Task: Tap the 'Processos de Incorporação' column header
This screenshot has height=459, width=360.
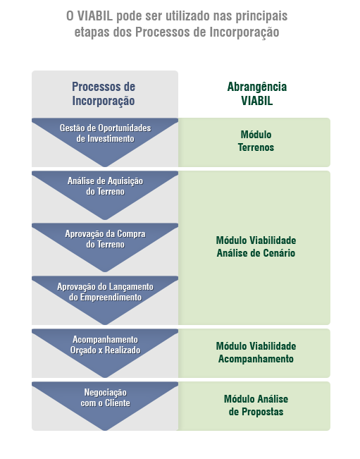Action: pyautogui.click(x=104, y=94)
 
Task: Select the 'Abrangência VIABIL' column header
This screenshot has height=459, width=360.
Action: pyautogui.click(x=256, y=94)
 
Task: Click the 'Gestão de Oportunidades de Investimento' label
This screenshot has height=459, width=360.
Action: pyautogui.click(x=105, y=133)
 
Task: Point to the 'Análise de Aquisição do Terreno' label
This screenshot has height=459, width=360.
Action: pyautogui.click(x=105, y=186)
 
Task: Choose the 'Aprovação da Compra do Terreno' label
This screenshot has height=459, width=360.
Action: pyautogui.click(x=105, y=239)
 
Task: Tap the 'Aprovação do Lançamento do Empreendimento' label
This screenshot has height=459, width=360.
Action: pyautogui.click(x=105, y=292)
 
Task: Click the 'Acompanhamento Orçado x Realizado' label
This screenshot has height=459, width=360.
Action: pyautogui.click(x=105, y=345)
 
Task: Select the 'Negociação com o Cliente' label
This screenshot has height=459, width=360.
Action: pyautogui.click(x=105, y=398)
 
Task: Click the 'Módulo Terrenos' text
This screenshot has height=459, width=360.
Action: pyautogui.click(x=256, y=141)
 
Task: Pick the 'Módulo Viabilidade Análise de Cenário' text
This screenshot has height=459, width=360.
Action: pyautogui.click(x=256, y=247)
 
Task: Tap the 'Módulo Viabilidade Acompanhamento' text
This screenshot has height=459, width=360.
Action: pyautogui.click(x=256, y=352)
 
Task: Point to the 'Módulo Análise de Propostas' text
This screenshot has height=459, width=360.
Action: pyautogui.click(x=256, y=405)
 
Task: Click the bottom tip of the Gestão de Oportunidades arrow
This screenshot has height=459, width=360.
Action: pyautogui.click(x=105, y=166)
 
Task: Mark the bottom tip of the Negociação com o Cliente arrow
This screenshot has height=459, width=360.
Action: pyautogui.click(x=105, y=430)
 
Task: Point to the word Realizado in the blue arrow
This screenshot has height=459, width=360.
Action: pyautogui.click(x=123, y=350)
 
